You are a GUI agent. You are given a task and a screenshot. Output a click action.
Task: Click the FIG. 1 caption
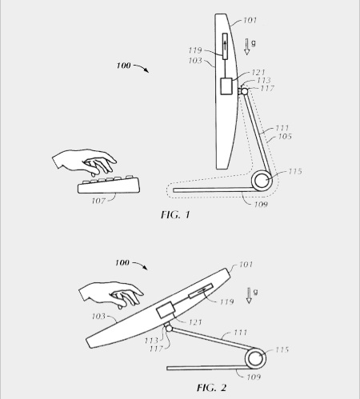175,214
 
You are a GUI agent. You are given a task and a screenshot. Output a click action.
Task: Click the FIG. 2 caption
211,387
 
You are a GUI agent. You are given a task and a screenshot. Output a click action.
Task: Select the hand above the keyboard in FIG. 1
84,162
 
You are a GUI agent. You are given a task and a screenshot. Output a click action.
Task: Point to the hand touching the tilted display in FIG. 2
111,295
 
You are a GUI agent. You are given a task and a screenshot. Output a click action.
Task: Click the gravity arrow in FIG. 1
247,46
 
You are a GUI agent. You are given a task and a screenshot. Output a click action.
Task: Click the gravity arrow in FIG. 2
249,295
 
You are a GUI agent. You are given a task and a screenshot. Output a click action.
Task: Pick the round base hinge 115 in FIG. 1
262,181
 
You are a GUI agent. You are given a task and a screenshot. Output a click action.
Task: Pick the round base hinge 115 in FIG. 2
255,358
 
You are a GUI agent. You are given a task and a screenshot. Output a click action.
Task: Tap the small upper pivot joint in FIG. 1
244,91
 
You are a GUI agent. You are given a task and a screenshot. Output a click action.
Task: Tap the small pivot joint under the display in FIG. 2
169,328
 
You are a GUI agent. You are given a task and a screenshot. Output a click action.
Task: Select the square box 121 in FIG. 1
226,86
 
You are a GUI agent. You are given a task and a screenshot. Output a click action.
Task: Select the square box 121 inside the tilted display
166,310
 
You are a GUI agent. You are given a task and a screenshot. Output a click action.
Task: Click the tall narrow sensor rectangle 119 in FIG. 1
225,46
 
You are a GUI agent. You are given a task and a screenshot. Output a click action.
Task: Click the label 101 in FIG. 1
250,20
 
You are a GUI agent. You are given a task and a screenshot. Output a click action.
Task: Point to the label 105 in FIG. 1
285,137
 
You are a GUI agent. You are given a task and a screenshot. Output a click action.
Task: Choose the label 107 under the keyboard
98,201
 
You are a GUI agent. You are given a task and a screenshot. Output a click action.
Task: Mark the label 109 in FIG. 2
254,377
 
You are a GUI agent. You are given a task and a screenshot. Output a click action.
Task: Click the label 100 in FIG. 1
124,66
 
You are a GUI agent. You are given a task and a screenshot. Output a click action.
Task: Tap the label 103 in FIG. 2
98,317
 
